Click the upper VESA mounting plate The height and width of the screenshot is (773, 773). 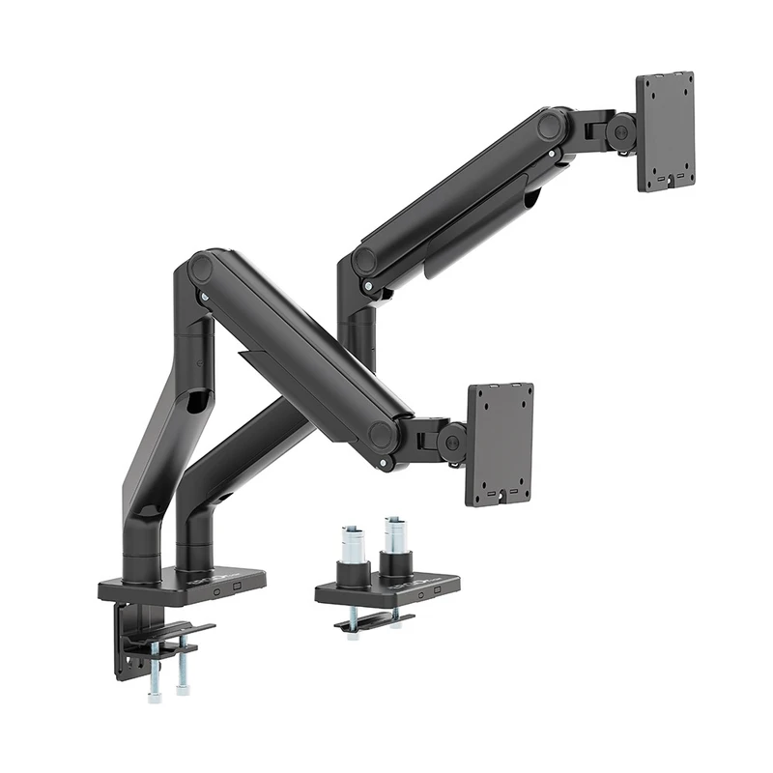click(666, 131)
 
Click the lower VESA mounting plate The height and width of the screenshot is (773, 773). click(501, 444)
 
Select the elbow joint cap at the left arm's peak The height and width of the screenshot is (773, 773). click(203, 269)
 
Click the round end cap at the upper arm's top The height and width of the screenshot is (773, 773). click(552, 126)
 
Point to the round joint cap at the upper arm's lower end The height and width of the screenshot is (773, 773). click(365, 261)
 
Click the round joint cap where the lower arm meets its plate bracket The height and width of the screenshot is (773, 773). click(383, 434)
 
